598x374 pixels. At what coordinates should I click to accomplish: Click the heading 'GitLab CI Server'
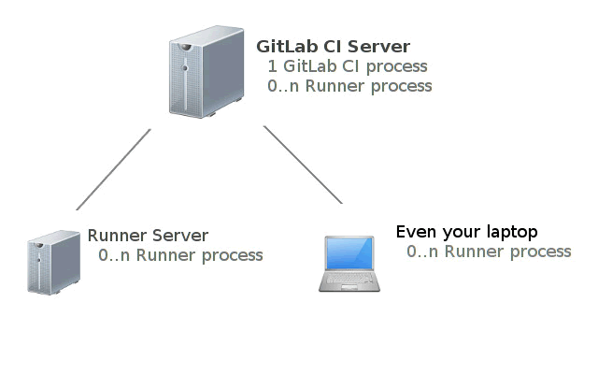tap(333, 47)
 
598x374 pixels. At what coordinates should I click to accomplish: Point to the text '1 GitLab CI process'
tap(348, 66)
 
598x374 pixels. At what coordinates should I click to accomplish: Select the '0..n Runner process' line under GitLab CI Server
tap(349, 86)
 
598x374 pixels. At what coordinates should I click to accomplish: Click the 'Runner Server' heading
tap(148, 236)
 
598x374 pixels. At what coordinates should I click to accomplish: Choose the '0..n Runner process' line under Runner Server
tap(180, 255)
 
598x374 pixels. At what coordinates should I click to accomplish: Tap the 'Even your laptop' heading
tap(467, 232)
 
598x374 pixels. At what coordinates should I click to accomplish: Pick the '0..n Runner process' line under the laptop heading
tap(489, 252)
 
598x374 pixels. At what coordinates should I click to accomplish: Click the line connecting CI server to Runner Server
tap(113, 169)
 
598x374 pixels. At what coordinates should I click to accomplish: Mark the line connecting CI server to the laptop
tap(303, 165)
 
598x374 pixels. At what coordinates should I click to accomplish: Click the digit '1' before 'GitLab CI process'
tap(272, 66)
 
